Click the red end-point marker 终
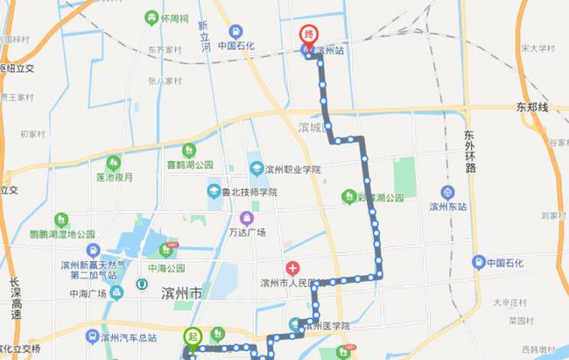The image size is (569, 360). pyautogui.click(x=307, y=33)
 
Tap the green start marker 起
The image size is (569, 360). pyautogui.click(x=192, y=335)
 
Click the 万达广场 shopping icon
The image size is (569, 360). pyautogui.click(x=249, y=217)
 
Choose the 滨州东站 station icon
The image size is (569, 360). pyautogui.click(x=447, y=193)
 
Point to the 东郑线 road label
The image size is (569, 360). pyautogui.click(x=530, y=107)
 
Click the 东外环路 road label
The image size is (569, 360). pyautogui.click(x=469, y=151)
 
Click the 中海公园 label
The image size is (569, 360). pyautogui.click(x=166, y=268)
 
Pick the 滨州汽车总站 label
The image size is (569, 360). pyautogui.click(x=127, y=337)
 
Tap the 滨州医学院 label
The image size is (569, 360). pyautogui.click(x=326, y=325)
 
